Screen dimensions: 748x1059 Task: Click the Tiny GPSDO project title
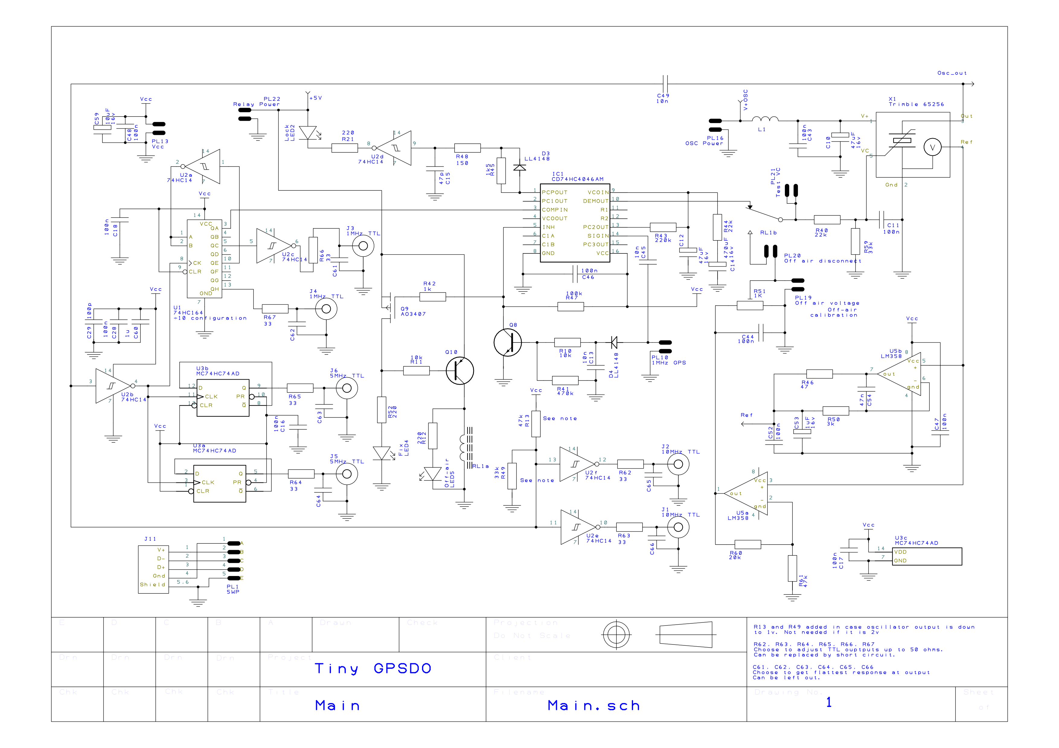tap(373, 668)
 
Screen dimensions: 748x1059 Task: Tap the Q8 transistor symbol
tap(507, 342)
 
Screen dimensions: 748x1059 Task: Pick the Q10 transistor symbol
tap(459, 371)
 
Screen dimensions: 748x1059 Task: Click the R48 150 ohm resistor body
tap(467, 148)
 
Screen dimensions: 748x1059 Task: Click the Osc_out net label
tap(952, 73)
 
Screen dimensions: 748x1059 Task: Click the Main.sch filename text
tap(593, 705)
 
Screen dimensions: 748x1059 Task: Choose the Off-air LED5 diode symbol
tap(433, 473)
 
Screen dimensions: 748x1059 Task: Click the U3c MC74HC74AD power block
tap(927, 556)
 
